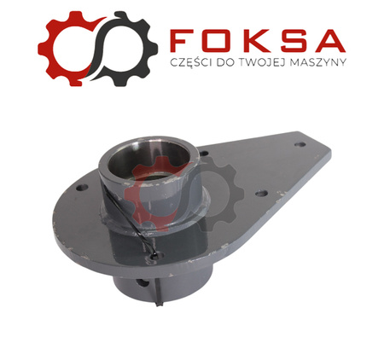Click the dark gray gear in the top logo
pos(143,49)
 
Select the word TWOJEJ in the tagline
pos(260,62)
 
